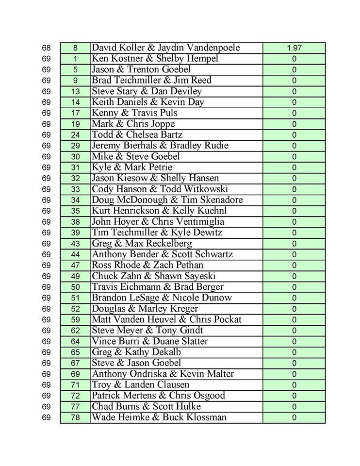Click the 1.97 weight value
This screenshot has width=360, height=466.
(294, 48)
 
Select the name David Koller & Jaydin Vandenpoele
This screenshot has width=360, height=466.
(166, 48)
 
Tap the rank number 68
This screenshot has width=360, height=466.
(46, 48)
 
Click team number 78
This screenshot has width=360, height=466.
(75, 417)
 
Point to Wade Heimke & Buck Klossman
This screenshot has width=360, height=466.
(159, 417)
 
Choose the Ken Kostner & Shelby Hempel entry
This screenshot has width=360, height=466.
(155, 59)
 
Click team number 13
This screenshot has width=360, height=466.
(75, 91)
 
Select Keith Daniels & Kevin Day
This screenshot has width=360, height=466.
(148, 102)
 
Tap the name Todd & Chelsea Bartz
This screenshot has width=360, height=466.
(137, 134)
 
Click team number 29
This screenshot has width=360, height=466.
(75, 146)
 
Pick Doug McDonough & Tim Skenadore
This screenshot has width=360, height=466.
(167, 200)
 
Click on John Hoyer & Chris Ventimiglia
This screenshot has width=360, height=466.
(158, 222)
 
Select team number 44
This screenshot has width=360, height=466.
(75, 254)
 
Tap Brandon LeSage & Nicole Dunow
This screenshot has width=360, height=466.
(162, 298)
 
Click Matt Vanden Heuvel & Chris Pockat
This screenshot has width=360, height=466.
(166, 319)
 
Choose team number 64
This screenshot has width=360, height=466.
(75, 341)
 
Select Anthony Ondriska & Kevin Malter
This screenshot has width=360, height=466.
(163, 374)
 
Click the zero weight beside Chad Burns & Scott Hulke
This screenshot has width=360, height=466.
(294, 407)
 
